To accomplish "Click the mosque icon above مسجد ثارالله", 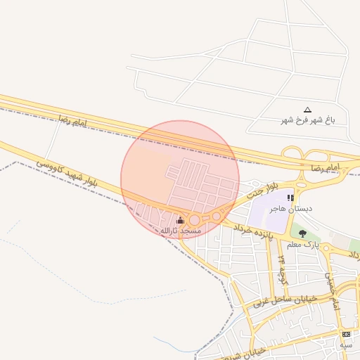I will [x=181, y=220].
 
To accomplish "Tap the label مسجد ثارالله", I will [x=181, y=231].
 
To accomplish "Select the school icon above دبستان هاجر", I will [x=290, y=198].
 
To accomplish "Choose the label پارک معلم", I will [x=303, y=245].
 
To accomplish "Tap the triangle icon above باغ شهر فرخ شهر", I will [x=307, y=110].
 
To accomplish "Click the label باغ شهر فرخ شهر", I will [x=308, y=120].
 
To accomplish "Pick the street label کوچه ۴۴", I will [x=283, y=268].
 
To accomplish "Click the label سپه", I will [x=345, y=345].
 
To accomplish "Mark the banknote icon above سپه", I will [x=345, y=334].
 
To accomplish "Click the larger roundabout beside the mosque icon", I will [x=194, y=220].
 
